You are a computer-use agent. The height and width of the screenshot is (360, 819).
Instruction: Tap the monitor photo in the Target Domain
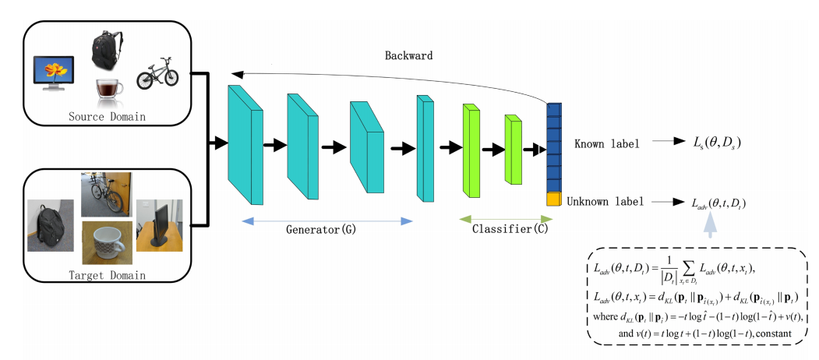click(x=158, y=224)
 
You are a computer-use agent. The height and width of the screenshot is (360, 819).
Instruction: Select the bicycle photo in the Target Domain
click(x=106, y=194)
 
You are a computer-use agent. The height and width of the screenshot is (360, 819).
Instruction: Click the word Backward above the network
click(x=408, y=58)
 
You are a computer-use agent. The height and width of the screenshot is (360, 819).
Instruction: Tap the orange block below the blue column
click(x=554, y=199)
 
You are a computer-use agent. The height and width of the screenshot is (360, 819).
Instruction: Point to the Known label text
click(x=606, y=144)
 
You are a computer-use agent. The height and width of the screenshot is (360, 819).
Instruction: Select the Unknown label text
click(x=605, y=201)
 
